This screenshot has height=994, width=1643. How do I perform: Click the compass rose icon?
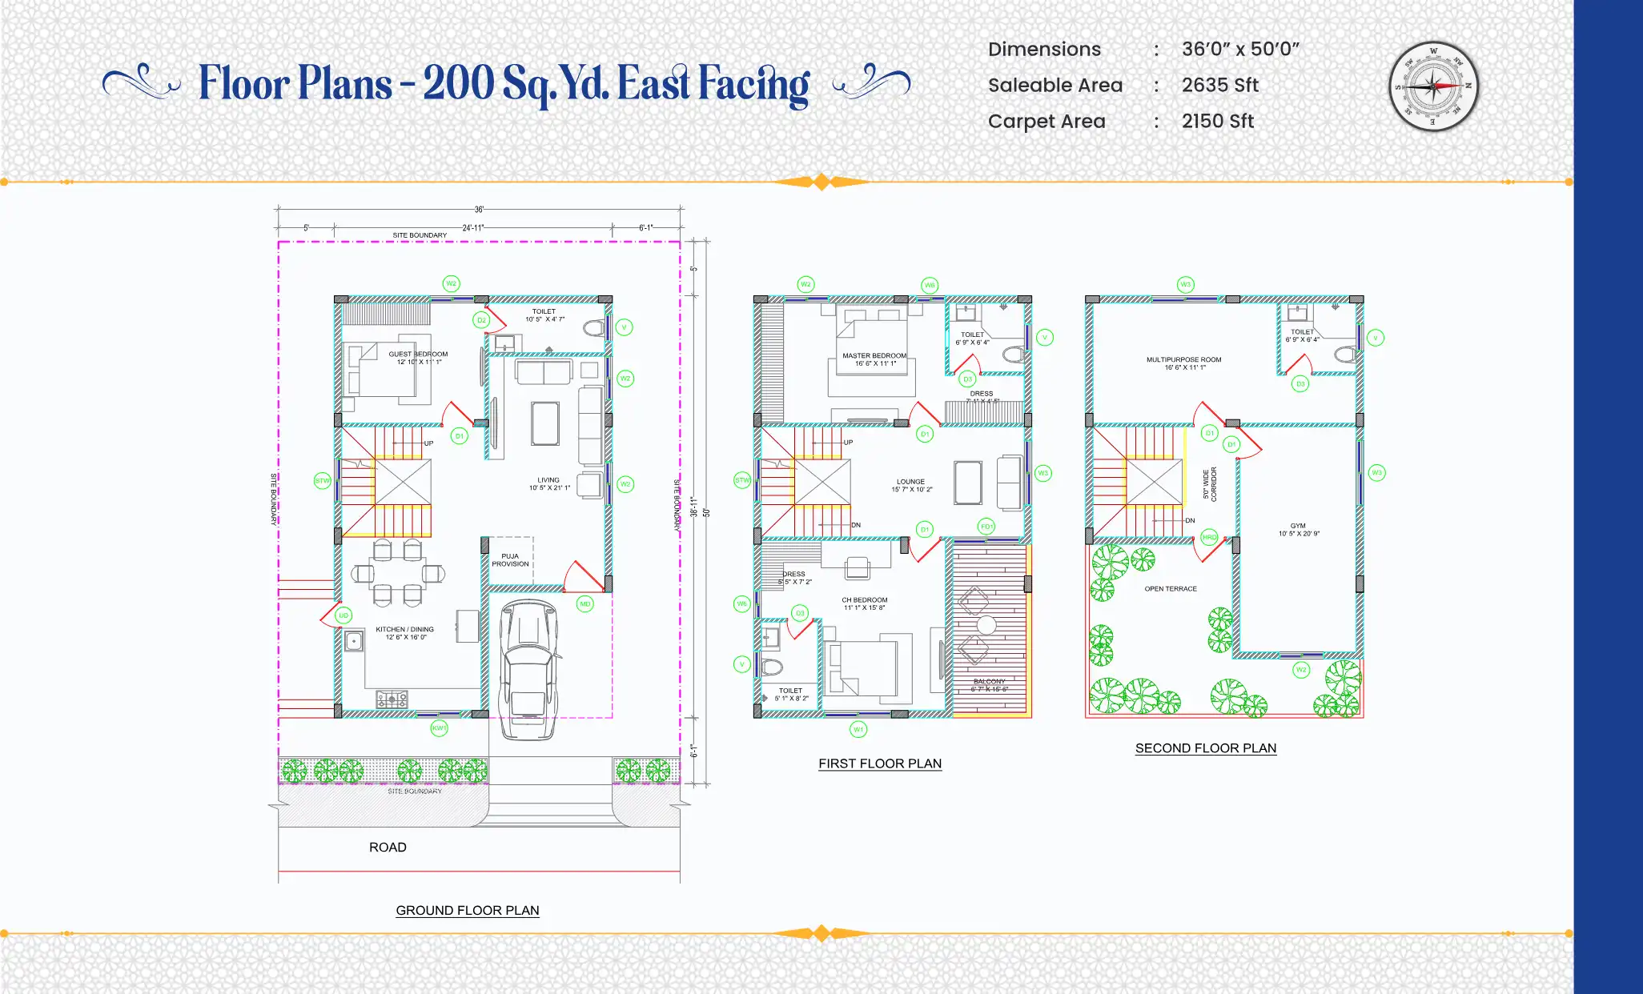1433,86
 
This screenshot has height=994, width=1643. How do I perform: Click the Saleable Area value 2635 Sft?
1219,85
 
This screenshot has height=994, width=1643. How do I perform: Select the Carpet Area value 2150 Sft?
1217,121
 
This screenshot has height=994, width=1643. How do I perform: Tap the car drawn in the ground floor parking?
528,668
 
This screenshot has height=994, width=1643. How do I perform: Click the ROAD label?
388,847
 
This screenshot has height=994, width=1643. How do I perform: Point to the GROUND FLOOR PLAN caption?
468,910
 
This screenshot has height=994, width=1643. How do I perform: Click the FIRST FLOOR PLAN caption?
879,764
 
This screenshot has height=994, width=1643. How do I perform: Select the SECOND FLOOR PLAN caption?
1205,748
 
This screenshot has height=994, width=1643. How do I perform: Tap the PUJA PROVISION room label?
510,559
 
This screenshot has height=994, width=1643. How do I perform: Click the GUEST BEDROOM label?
418,354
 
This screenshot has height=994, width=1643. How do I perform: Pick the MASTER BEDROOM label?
874,355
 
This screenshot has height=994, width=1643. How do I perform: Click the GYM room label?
1298,526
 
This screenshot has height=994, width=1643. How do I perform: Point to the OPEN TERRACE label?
1170,588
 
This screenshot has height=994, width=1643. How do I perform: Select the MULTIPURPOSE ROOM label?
1183,359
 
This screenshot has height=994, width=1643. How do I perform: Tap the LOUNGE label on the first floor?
910,482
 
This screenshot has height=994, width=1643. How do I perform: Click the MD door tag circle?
585,604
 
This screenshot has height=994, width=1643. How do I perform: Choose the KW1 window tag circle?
439,727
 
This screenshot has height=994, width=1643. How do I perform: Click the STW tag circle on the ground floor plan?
322,481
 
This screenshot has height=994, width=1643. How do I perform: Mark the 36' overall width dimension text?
479,210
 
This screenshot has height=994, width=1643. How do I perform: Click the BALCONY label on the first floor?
990,681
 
